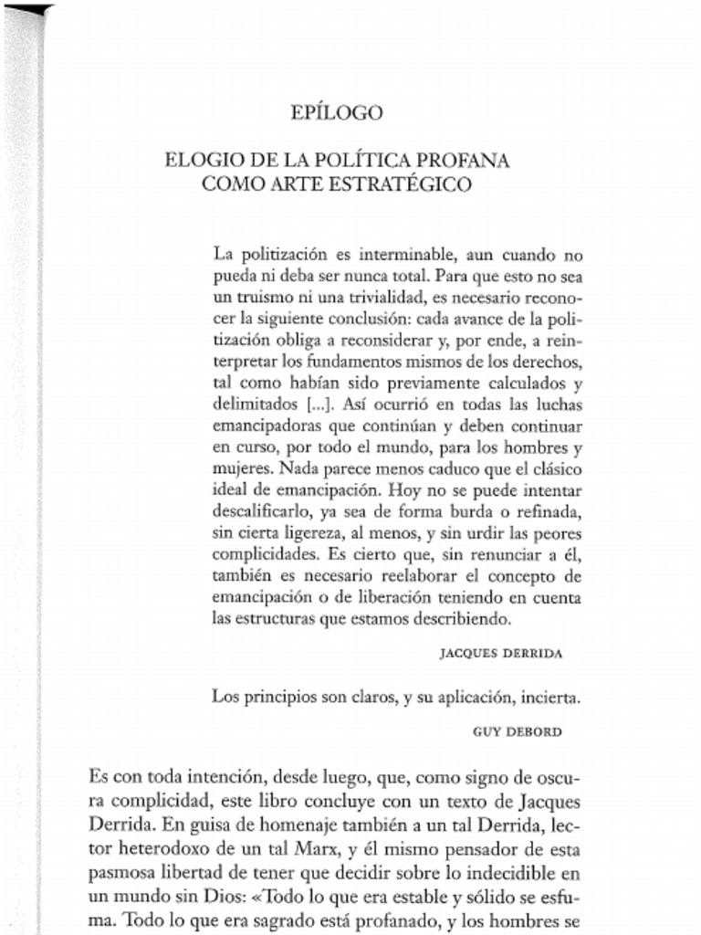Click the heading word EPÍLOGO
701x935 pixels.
pyautogui.click(x=336, y=113)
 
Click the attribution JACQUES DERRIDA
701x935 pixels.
pyautogui.click(x=500, y=653)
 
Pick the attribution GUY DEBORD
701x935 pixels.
pyautogui.click(x=518, y=731)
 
